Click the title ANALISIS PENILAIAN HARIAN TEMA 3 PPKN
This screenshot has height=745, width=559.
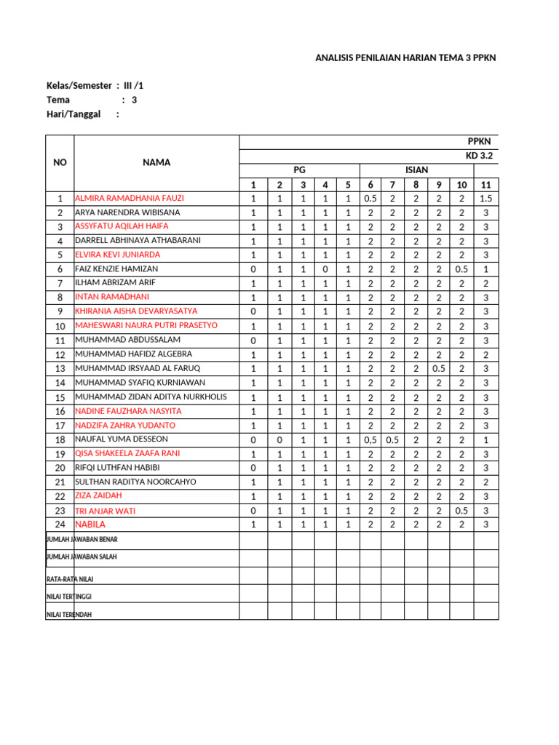[405, 58]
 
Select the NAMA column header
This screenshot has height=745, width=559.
[156, 162]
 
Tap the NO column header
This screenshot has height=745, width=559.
[60, 162]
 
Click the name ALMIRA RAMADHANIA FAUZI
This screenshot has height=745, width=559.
[130, 198]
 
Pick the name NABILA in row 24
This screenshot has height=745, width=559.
[90, 525]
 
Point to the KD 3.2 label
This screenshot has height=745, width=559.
[480, 156]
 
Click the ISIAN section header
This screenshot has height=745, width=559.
[416, 170]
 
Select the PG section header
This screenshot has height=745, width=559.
[299, 170]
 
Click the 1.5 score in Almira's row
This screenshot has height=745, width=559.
[485, 199]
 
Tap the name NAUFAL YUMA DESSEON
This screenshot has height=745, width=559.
[122, 439]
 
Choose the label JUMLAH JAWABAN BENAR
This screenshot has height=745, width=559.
[82, 539]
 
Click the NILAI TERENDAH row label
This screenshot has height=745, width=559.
[69, 614]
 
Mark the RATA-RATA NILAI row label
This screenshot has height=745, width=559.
[70, 579]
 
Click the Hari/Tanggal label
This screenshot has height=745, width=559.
[73, 114]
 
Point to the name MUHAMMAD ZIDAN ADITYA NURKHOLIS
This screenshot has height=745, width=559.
[151, 397]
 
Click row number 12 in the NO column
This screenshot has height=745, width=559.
[60, 354]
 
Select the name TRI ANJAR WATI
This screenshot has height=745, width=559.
[106, 511]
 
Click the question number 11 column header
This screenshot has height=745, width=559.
[485, 185]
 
